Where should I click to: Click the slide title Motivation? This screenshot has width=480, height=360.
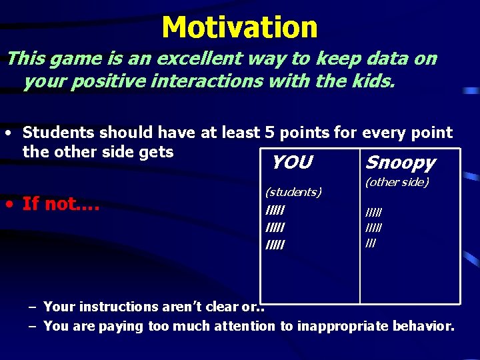click(239, 27)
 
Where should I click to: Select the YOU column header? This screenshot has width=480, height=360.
click(291, 162)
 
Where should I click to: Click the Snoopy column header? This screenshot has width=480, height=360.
click(400, 163)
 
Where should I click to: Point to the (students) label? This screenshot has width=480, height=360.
click(293, 192)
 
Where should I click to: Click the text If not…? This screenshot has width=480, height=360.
click(61, 203)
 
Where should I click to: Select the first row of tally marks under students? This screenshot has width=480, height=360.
click(275, 211)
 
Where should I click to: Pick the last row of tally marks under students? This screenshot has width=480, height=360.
click(275, 245)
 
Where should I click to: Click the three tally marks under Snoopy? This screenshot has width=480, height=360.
click(371, 243)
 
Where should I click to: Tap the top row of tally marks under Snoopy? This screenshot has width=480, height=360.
click(373, 213)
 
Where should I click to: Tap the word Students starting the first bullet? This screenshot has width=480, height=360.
click(59, 133)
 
